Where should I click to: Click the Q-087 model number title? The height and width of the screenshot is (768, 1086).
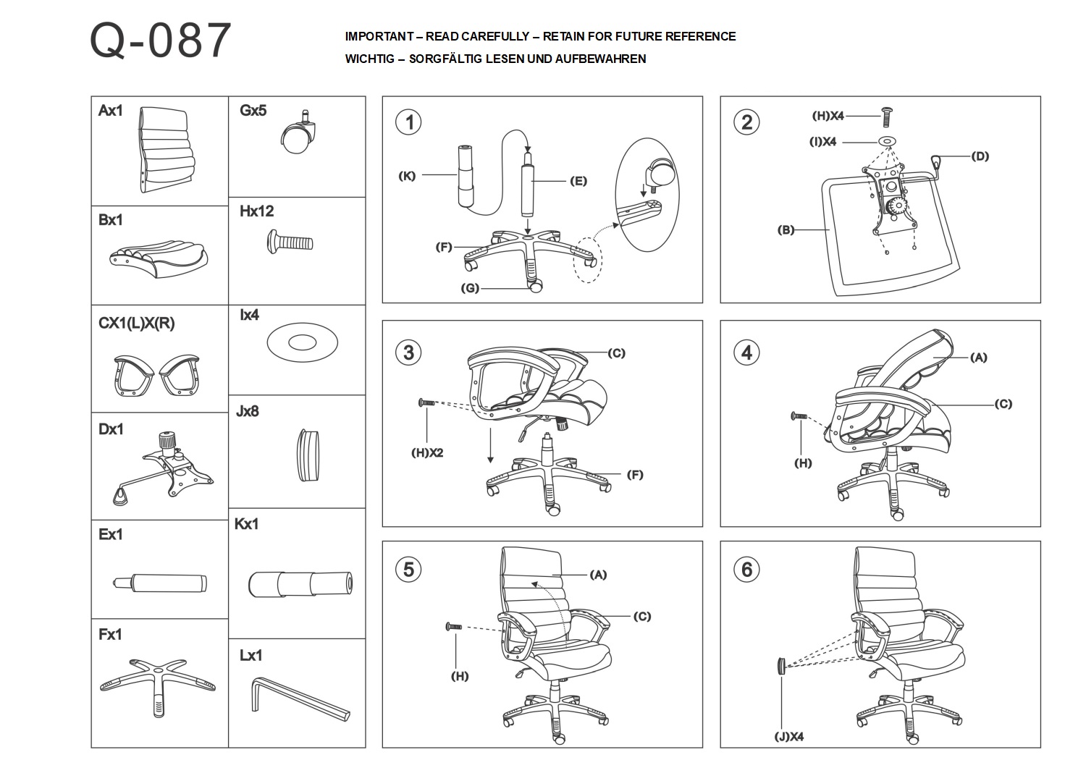[x=161, y=41]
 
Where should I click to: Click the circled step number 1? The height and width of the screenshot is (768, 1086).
[x=409, y=122]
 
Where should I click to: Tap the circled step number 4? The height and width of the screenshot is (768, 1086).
[x=747, y=353]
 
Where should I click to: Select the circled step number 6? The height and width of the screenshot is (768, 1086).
[x=747, y=569]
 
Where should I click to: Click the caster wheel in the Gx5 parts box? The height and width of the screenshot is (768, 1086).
[x=298, y=135]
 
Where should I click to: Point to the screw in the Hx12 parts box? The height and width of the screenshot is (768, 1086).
[x=290, y=240]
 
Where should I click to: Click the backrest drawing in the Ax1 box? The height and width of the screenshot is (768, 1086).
[x=167, y=150]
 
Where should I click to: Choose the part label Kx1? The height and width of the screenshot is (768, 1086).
[x=247, y=524]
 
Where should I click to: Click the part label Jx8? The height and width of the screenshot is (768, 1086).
[x=248, y=411]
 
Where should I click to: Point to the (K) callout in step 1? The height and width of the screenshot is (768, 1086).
[x=407, y=176]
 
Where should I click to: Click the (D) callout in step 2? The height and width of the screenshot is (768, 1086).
[x=980, y=156]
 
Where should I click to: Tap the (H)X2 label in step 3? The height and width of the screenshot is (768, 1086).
[x=427, y=453]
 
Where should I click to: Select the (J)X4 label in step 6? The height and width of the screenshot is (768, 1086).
[x=788, y=737]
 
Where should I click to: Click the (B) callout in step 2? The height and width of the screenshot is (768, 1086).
[x=786, y=230]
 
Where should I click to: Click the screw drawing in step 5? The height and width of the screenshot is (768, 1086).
[x=454, y=627]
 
